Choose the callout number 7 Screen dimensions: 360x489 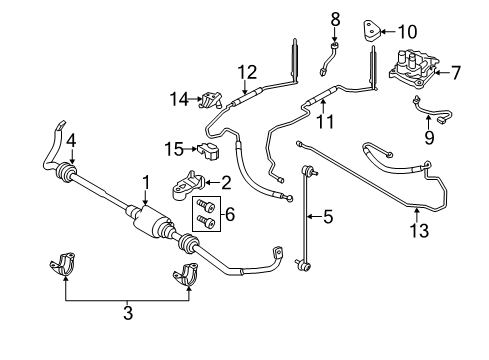click(x=455, y=74)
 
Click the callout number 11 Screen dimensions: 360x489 click(x=324, y=122)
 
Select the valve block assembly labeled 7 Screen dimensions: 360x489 click(x=409, y=67)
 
